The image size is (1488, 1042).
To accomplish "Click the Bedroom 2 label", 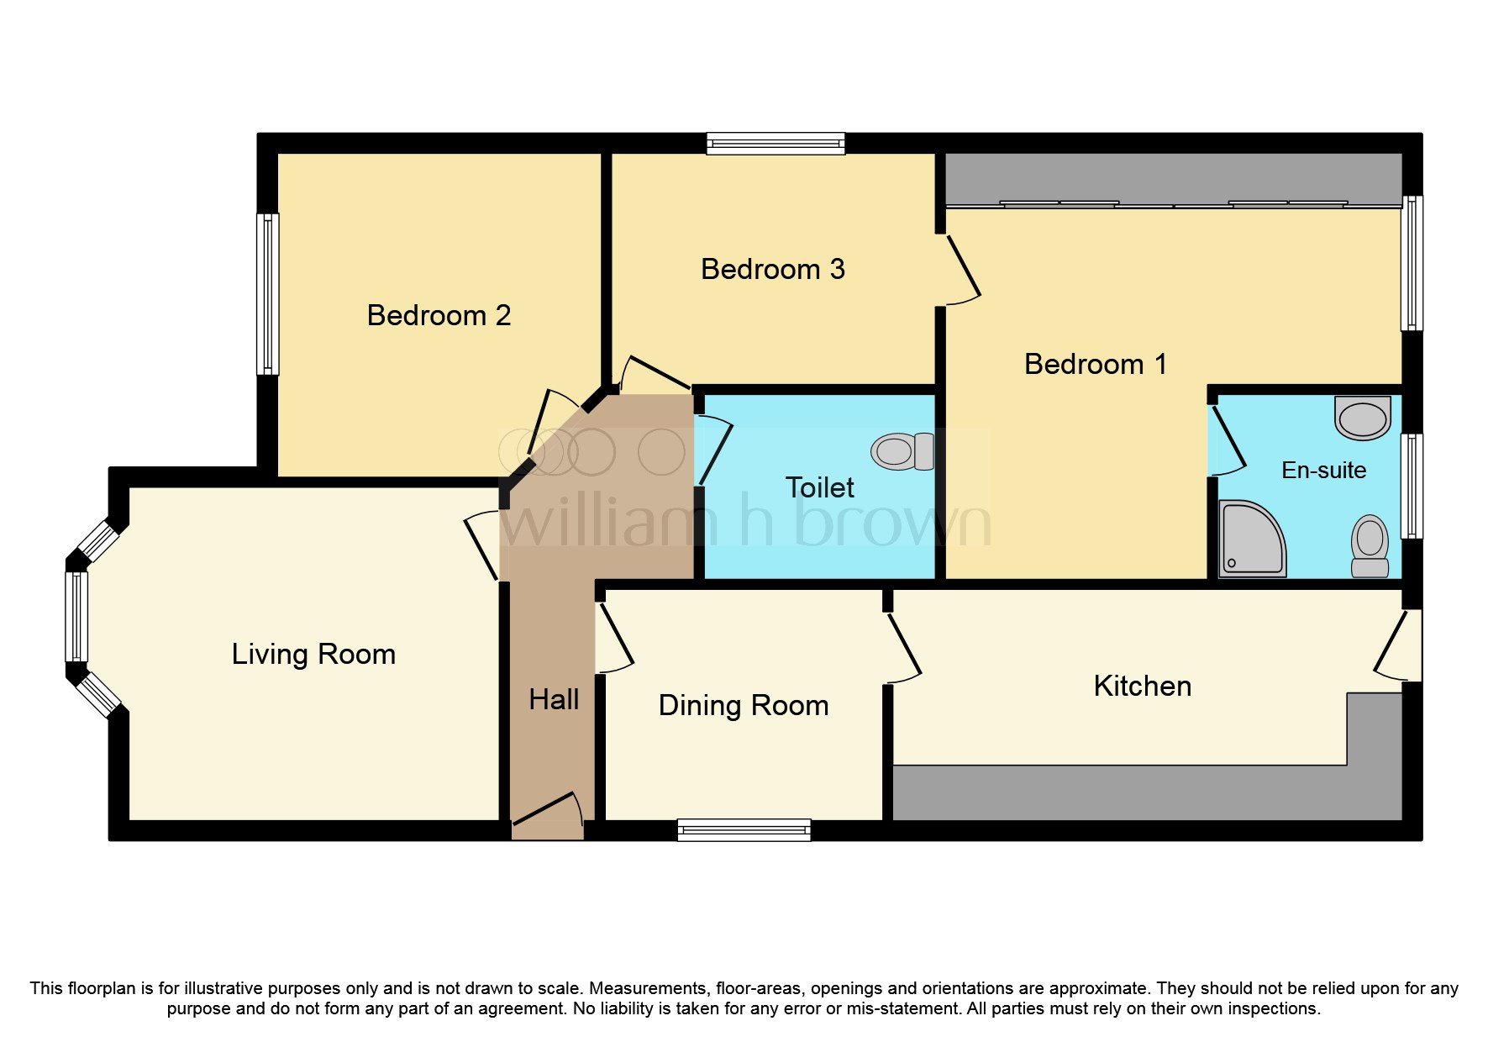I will click(x=439, y=315).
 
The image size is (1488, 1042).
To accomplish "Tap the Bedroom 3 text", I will click(x=772, y=269).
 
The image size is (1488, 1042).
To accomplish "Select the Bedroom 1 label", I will click(x=1095, y=364).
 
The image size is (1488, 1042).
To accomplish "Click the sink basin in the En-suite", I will click(x=1362, y=418).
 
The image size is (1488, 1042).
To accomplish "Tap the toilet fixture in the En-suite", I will click(x=1370, y=545).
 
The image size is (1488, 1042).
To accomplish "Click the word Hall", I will click(x=554, y=699).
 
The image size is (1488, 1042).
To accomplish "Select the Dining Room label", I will click(x=743, y=705).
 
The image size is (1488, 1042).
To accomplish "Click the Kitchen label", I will click(x=1142, y=686).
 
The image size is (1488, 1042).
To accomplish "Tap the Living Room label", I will click(x=313, y=654).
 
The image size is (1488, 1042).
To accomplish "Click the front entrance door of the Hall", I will click(x=548, y=811).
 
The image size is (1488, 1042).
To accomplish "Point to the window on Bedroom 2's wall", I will click(x=267, y=293).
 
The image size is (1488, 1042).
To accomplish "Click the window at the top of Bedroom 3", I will click(x=775, y=144).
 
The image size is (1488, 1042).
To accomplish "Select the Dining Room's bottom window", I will click(x=744, y=830).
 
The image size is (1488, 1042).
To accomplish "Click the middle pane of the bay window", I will click(x=76, y=617).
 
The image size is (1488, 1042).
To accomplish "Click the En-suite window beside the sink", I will click(x=1412, y=486).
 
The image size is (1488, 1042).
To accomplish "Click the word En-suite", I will click(x=1323, y=470).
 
